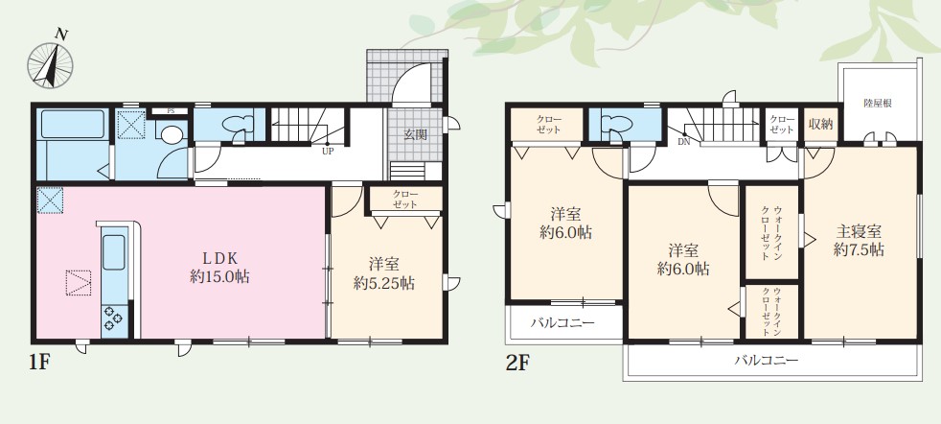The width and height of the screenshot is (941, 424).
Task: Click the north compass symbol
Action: click(51, 62)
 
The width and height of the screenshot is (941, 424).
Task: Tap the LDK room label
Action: click(219, 258)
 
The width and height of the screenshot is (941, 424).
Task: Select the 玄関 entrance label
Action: click(415, 134)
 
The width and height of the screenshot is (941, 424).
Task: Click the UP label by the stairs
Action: click(327, 152)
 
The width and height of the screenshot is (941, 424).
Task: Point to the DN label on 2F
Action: click(683, 142)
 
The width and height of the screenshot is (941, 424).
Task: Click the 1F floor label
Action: click(38, 363)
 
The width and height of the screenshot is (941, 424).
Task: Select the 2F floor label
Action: click(517, 363)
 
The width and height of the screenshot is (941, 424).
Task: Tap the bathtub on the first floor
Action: click(73, 124)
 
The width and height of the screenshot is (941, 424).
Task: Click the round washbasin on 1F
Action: click(172, 135)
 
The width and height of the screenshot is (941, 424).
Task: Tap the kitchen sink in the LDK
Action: click(114, 252)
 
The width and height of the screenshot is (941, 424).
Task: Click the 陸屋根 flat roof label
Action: click(878, 104)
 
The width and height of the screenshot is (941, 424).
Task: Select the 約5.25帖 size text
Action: click(383, 284)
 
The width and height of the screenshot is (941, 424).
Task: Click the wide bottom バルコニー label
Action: click(767, 361)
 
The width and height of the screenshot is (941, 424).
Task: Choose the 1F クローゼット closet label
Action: click(405, 200)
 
